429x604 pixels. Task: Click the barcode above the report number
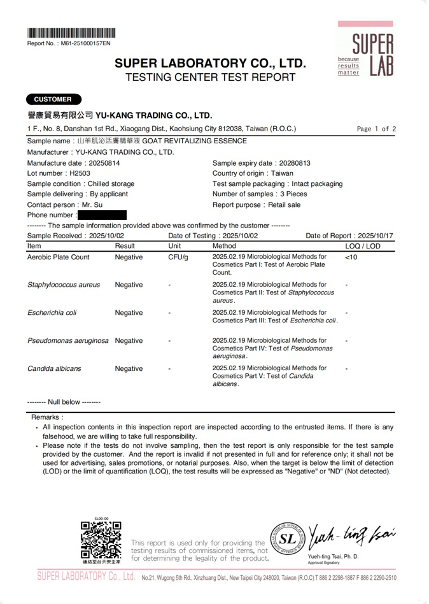[x=71, y=33]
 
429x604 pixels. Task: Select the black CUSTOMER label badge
[x=53, y=99]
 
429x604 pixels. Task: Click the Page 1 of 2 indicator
[x=376, y=129]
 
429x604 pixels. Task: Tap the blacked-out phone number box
[x=102, y=215]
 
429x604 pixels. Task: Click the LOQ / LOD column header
[x=362, y=246]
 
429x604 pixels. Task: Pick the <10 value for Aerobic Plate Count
[x=351, y=257]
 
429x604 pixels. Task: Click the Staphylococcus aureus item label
[x=64, y=285]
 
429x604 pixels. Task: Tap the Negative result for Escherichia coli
[x=129, y=313]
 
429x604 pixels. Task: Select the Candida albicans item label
[x=54, y=369]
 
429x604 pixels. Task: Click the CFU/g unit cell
[x=178, y=257]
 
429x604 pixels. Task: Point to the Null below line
[x=64, y=402]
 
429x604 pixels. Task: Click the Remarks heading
[x=47, y=417]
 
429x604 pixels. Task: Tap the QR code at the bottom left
[x=101, y=540]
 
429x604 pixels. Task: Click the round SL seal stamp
[x=287, y=538]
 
